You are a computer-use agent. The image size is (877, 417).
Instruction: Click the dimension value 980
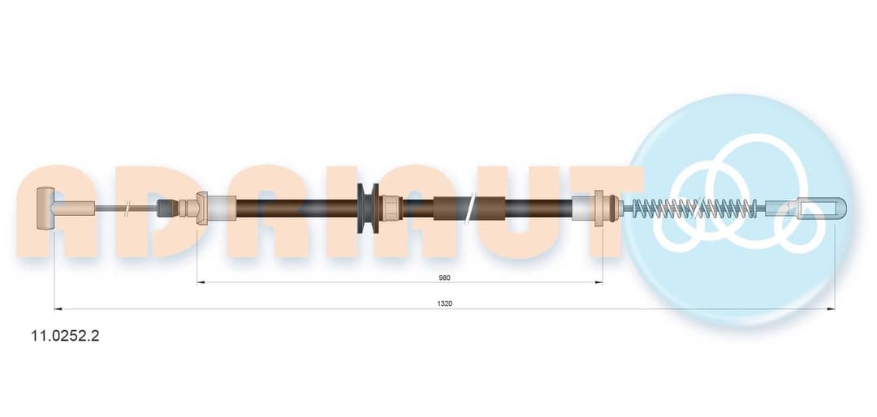coord(445,277)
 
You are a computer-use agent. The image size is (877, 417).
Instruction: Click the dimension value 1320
coord(445,303)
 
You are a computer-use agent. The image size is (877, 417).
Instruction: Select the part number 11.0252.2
coord(66,336)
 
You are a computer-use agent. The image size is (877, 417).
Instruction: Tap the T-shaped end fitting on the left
coord(44,208)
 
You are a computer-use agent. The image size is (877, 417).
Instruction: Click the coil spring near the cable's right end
coord(694,208)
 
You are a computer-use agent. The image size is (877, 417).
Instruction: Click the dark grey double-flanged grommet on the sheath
coord(368,208)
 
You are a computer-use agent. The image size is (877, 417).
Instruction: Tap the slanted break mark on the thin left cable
coord(128,208)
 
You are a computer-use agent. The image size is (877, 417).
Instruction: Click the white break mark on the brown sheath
coord(471,208)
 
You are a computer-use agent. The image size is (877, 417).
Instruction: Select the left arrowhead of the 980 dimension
coord(201,282)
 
